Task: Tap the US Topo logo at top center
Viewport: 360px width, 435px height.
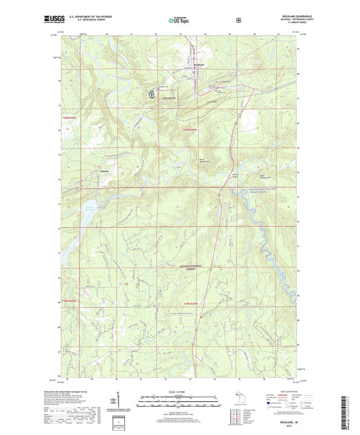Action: pyautogui.click(x=179, y=21)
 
